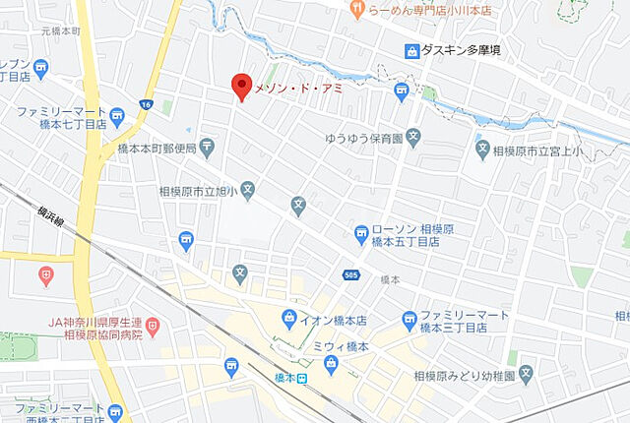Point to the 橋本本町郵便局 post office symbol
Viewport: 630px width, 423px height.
[207, 149]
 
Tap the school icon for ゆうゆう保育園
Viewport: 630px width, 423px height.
[413, 140]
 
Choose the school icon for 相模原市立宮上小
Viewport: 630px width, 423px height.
[483, 150]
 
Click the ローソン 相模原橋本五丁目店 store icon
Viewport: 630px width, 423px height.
[362, 234]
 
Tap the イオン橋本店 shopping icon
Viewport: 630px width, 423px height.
[288, 317]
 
